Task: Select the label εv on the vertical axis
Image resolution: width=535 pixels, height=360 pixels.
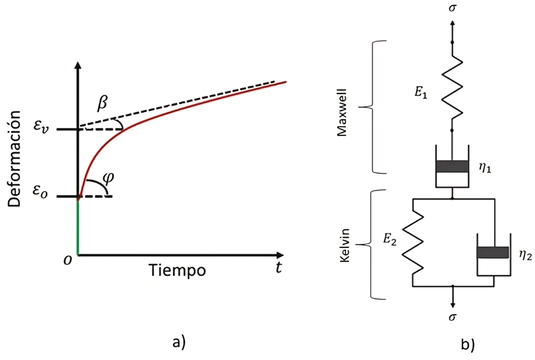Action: (x=53, y=128)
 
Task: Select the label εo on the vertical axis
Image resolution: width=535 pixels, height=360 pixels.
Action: (x=53, y=196)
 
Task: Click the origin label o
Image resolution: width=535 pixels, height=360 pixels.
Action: (x=68, y=261)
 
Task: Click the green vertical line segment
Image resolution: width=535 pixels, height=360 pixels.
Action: (x=78, y=226)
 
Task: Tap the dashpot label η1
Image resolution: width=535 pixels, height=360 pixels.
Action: (x=486, y=169)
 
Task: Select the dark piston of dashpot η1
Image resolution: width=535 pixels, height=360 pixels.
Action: (x=453, y=167)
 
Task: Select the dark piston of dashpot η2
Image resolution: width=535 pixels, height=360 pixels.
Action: (x=493, y=253)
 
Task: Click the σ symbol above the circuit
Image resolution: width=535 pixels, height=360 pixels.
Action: (x=453, y=9)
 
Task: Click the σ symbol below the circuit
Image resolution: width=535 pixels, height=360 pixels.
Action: (x=453, y=317)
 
